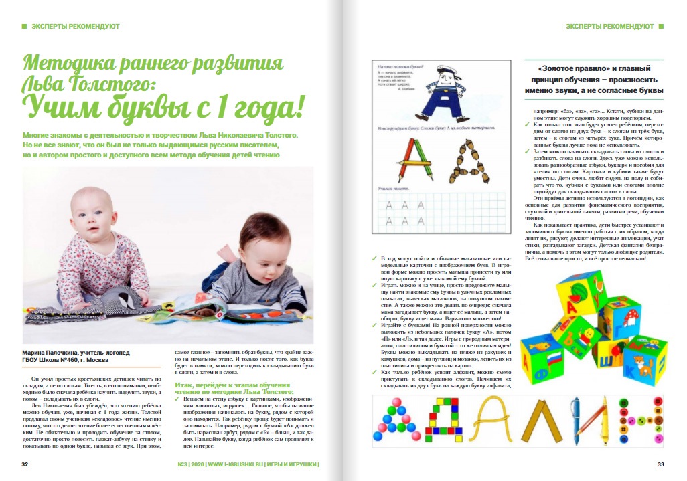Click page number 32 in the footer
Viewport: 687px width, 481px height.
(x=24, y=464)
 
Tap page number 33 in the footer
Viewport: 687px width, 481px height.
(x=660, y=464)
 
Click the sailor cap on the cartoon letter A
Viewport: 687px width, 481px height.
(x=441, y=70)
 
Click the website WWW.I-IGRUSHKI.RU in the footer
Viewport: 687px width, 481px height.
(x=234, y=464)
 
